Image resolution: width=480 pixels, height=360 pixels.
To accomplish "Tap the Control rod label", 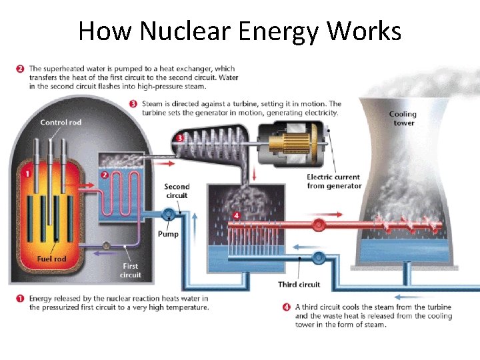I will coord(61,122).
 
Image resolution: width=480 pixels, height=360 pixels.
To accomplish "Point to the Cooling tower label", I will coord(403,119).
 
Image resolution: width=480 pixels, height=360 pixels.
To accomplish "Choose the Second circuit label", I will coord(177,191).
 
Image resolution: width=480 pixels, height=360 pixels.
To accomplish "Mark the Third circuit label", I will coord(299,285).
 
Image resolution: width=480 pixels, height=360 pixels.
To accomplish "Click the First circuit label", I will coord(131,271).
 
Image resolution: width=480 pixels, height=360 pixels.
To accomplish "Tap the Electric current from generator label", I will coord(334,181).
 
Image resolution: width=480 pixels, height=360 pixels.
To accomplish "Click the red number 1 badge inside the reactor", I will coord(28,174).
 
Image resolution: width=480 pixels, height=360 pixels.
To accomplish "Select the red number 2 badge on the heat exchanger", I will coord(105,175).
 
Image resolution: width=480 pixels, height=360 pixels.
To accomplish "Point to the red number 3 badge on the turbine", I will coord(180,138).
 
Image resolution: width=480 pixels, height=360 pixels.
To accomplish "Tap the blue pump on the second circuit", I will coord(168,214).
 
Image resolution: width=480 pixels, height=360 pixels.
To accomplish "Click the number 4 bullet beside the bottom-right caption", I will coord(286,307).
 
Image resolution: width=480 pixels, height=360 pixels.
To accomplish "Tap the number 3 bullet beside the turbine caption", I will coord(133,104).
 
